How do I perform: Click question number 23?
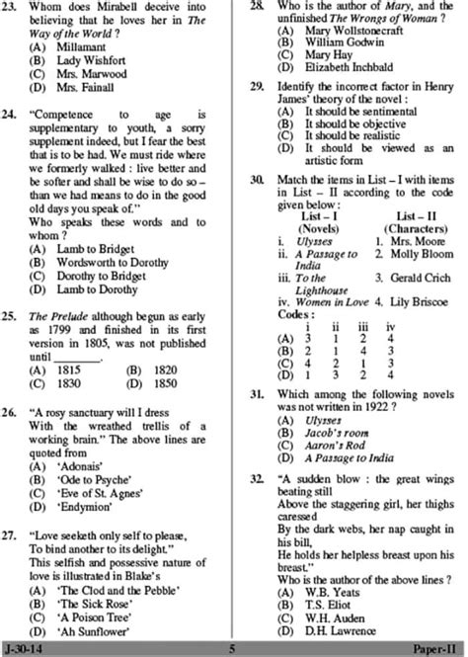click(x=12, y=9)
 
